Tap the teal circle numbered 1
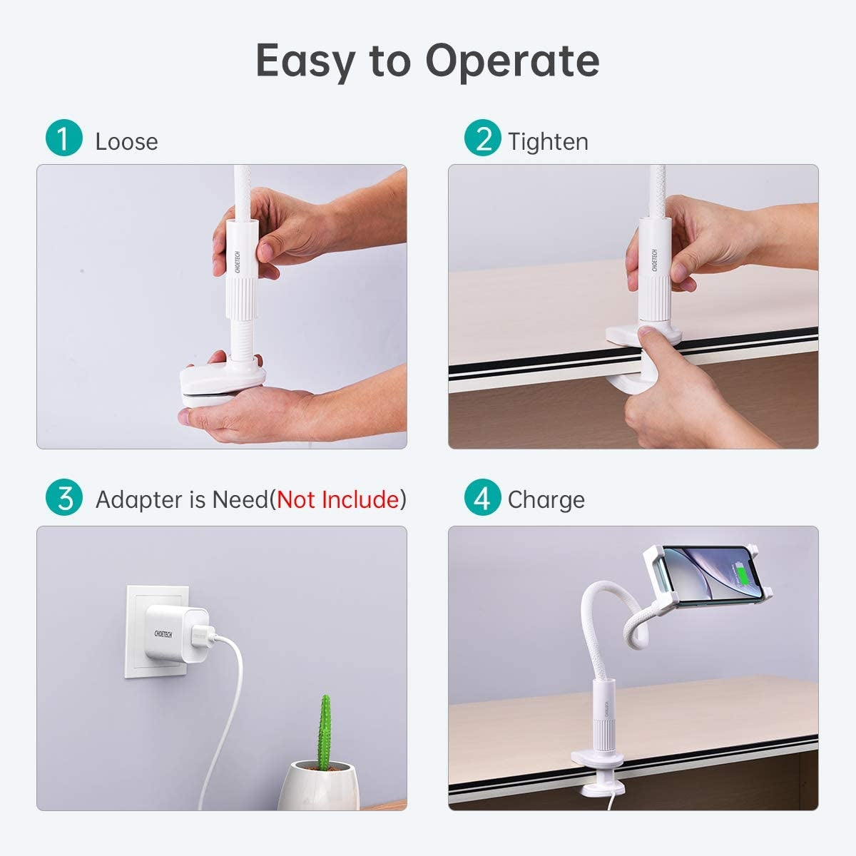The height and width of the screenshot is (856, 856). (x=63, y=138)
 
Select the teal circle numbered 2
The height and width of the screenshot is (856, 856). (x=483, y=138)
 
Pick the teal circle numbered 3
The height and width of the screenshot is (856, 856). (x=63, y=497)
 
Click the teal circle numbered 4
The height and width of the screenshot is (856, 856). (x=483, y=497)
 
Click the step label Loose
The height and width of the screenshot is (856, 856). (x=126, y=142)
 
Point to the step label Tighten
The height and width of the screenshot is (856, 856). (x=548, y=142)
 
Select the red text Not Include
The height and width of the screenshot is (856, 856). (x=337, y=499)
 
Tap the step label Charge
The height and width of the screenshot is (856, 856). (x=546, y=500)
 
